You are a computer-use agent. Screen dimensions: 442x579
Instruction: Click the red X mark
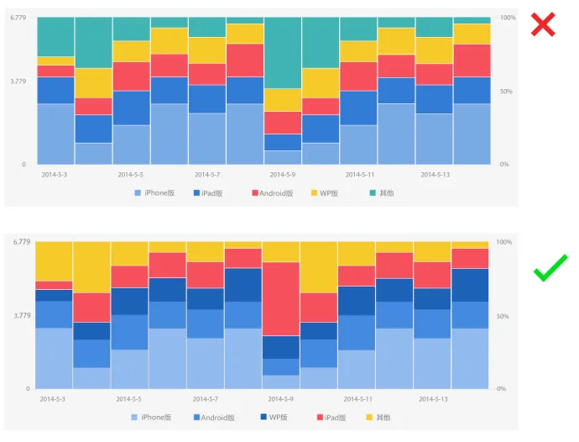coord(543,25)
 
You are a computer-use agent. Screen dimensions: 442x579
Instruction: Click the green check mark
coord(550,268)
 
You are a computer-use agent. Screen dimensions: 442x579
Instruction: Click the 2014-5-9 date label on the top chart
coord(284,175)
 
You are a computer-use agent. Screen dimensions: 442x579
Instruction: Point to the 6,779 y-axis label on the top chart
coord(20,18)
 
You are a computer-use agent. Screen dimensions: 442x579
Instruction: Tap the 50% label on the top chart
coord(505,91)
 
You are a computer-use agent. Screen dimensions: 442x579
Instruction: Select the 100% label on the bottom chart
coord(503,242)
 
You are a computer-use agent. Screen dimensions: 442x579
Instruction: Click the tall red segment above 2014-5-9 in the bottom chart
coord(281,298)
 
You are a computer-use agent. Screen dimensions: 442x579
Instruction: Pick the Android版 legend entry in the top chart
coord(272,193)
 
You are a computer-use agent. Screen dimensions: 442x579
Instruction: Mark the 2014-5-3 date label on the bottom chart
coord(53,399)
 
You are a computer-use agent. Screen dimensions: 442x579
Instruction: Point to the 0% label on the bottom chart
coord(502,389)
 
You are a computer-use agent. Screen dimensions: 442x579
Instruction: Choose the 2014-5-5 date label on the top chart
coord(130,175)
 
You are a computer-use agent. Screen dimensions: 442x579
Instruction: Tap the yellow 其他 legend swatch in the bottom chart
coord(370,418)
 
